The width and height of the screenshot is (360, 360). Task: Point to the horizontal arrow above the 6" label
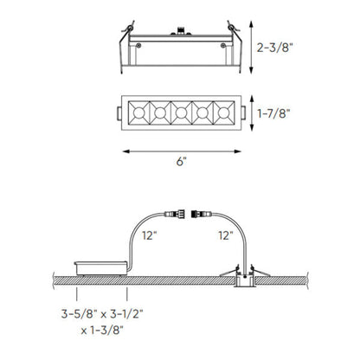click(x=179, y=151)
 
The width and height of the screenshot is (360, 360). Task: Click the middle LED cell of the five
click(x=179, y=112)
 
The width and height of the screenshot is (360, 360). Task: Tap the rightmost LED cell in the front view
click(x=222, y=112)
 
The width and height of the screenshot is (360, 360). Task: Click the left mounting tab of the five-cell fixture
click(x=118, y=112)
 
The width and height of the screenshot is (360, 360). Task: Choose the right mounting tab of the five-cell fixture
click(x=241, y=112)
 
